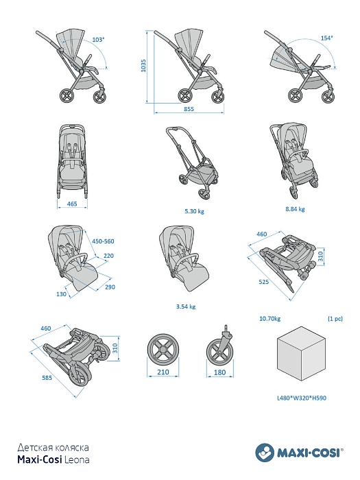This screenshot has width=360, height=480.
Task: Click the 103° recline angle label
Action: [x=98, y=40]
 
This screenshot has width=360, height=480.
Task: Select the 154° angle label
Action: [x=326, y=38]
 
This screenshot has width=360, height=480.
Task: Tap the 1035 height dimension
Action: [x=143, y=66]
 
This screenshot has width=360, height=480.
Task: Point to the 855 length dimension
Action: [x=189, y=108]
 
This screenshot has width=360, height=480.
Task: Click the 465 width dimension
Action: [x=72, y=204]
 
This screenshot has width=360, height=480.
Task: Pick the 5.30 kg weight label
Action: [x=194, y=211]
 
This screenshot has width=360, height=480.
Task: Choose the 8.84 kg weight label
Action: [x=295, y=209]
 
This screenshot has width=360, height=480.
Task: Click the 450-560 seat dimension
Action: [x=103, y=241]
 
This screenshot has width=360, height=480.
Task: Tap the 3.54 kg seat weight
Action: [x=186, y=307]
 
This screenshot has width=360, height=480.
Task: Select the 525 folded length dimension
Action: [x=263, y=282]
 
